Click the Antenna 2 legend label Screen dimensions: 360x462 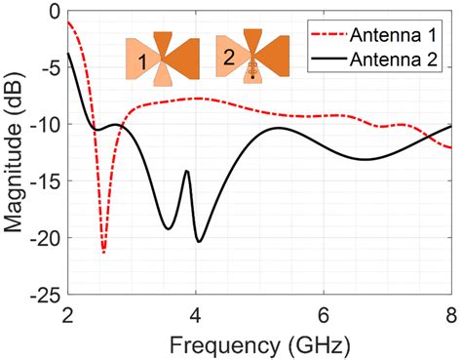(399, 59)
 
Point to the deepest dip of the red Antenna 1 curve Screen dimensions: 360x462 (103, 253)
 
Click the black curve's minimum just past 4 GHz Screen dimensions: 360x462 (199, 241)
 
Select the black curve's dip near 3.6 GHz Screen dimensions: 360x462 (169, 229)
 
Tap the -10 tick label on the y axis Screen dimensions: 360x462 (44, 126)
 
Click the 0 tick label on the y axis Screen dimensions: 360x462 (54, 13)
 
